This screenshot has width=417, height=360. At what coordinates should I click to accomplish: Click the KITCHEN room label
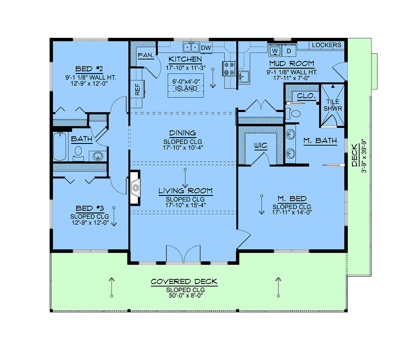point(185,59)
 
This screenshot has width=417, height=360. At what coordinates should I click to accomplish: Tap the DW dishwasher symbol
point(206,48)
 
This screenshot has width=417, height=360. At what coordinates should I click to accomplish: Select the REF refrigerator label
point(137,89)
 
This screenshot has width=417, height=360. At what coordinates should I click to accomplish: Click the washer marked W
point(275,50)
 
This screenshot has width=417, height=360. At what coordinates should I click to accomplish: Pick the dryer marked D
point(289,50)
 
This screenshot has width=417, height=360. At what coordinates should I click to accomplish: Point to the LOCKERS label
point(326,45)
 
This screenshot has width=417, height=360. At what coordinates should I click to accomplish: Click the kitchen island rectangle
point(186,86)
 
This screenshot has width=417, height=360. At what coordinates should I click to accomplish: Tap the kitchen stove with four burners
point(229,69)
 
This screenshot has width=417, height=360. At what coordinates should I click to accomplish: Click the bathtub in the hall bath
point(60,146)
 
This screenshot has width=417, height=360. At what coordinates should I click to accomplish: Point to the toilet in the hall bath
point(78,153)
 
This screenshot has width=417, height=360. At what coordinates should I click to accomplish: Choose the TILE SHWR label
point(333,105)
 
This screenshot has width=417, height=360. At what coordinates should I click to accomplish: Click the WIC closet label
point(261,145)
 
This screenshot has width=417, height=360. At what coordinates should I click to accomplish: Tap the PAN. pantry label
point(146,55)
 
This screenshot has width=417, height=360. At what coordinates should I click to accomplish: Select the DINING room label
point(182,133)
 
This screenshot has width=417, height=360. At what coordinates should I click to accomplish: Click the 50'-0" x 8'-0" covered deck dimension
point(186,296)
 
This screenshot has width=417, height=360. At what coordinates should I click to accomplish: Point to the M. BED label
point(292,199)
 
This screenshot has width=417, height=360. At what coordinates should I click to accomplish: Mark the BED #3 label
point(90,208)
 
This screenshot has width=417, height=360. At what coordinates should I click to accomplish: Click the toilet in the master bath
point(294,113)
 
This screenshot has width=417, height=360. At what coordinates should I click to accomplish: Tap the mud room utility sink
point(244,77)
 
